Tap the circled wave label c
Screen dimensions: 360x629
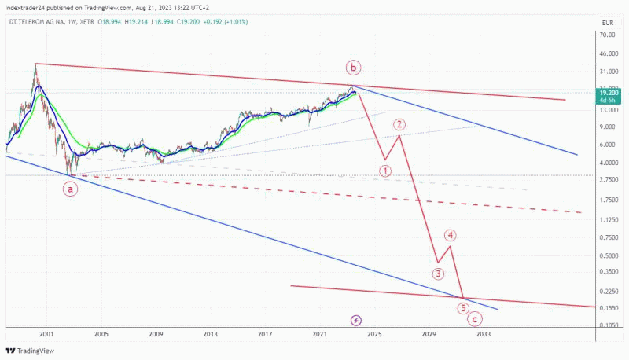tap(474, 318)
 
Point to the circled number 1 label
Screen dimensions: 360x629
tap(385, 170)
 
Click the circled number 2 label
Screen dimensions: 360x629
tap(400, 124)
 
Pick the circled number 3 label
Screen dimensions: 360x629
tap(438, 274)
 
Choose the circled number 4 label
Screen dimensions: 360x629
tap(450, 234)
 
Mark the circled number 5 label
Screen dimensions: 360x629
tap(463, 308)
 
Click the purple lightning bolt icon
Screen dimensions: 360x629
tap(355, 321)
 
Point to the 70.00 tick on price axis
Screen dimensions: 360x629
tap(606, 36)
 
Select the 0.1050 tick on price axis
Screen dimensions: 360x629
tap(606, 325)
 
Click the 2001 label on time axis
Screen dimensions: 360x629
tap(46, 334)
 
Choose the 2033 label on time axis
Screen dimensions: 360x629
tap(483, 334)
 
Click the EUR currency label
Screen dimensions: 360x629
tap(607, 24)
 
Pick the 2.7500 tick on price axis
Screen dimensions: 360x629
tap(606, 181)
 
